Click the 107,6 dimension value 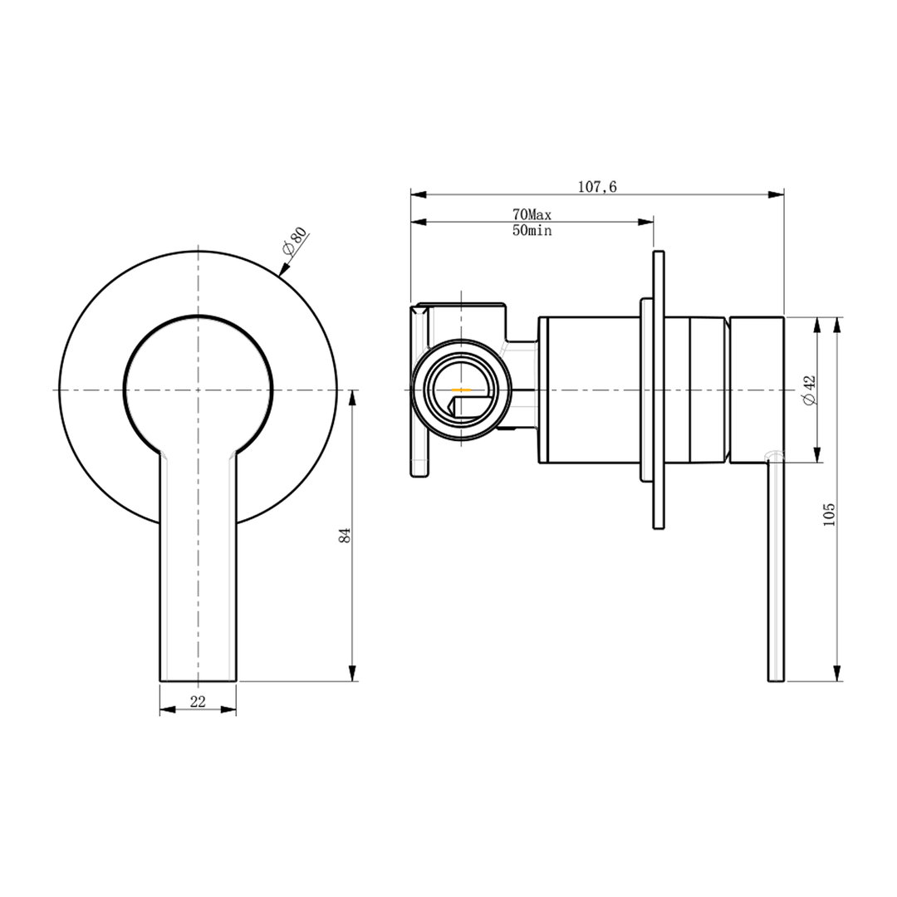click(597, 187)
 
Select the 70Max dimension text click(532, 215)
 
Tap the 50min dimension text click(532, 231)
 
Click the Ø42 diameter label click(810, 390)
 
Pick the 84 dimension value click(345, 536)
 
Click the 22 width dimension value click(198, 702)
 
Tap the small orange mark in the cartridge click(460, 389)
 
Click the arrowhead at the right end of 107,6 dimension click(777, 195)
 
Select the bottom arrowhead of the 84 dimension click(353, 674)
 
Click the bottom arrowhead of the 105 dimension click(837, 674)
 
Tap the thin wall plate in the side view click(659, 389)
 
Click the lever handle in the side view click(774, 573)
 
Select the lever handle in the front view click(198, 573)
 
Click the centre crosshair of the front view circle click(198, 390)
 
